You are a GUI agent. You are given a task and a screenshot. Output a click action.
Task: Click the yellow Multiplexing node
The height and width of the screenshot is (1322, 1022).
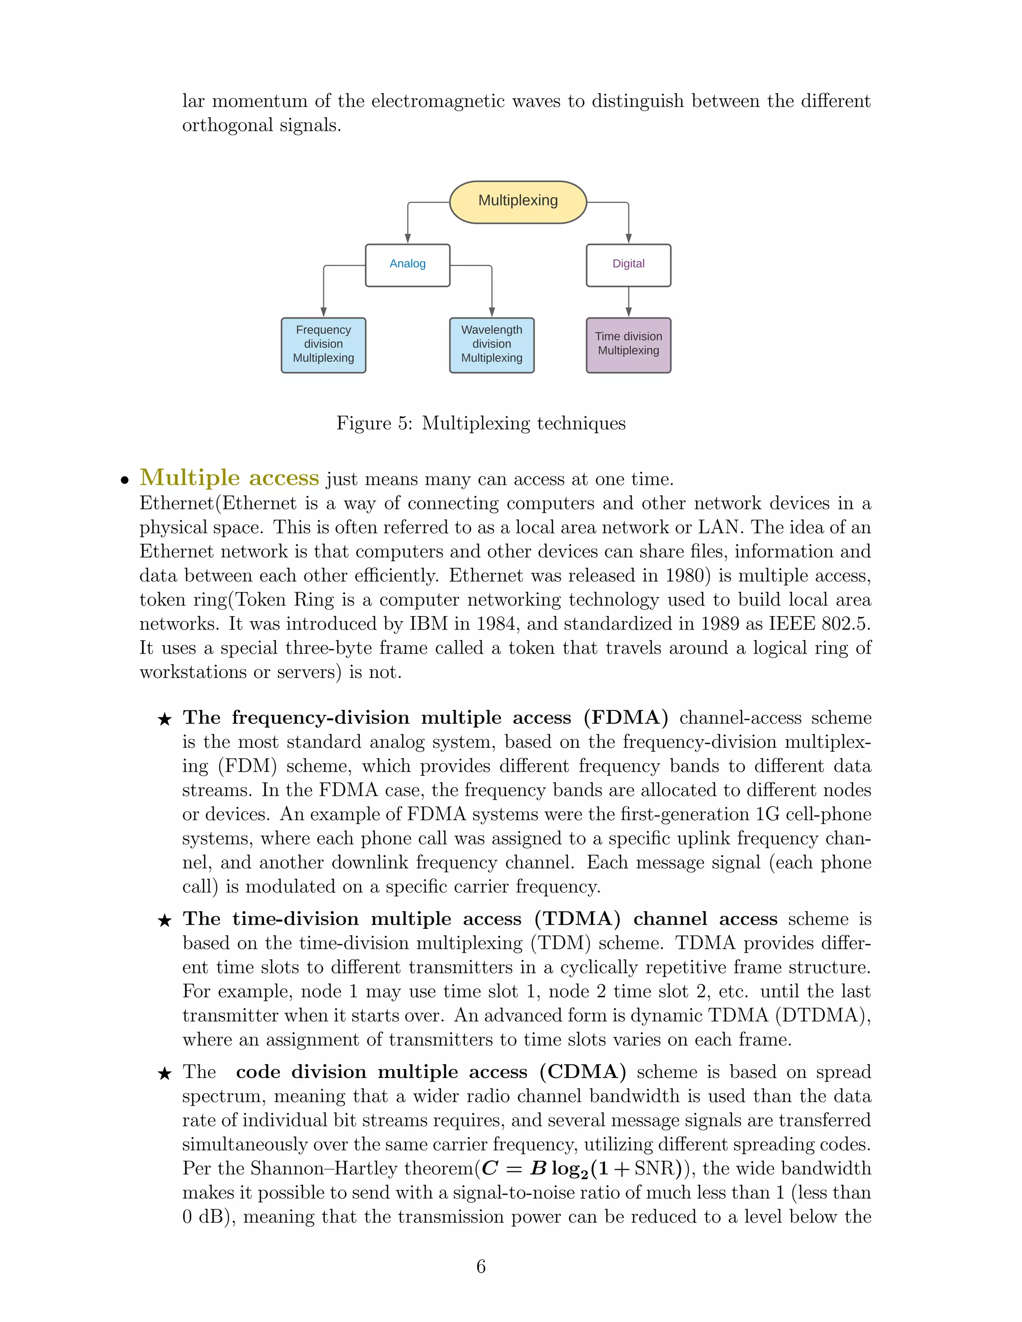pos(517,202)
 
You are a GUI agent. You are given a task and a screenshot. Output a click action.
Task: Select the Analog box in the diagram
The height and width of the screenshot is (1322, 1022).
pos(408,265)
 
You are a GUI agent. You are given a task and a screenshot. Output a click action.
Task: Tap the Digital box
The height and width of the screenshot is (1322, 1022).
pos(628,265)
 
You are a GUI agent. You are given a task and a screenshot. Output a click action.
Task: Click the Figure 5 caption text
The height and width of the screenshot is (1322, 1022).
pos(481,423)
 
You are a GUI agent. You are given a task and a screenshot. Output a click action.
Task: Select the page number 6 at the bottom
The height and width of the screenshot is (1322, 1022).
pos(481,1266)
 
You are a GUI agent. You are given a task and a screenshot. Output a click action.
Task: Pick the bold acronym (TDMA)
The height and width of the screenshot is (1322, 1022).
pos(577,919)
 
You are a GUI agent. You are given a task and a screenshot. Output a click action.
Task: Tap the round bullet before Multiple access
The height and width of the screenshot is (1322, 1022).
pos(125,480)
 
